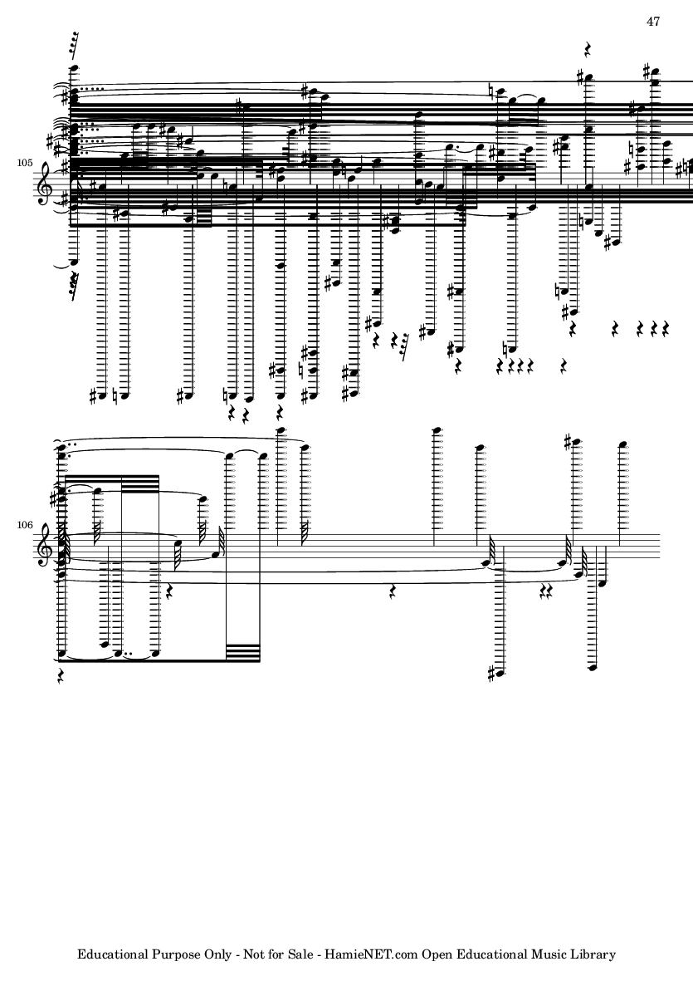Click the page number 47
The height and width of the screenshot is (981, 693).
coord(653,22)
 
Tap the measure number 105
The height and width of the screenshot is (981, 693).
coord(24,164)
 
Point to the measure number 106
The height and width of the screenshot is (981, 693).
coord(24,524)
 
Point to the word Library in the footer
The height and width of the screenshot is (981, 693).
coord(595,955)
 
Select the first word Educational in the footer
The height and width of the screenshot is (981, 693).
coord(113,954)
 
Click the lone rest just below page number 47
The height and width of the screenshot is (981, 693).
coord(587,47)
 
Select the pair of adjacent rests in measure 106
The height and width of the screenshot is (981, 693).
coord(548,590)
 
